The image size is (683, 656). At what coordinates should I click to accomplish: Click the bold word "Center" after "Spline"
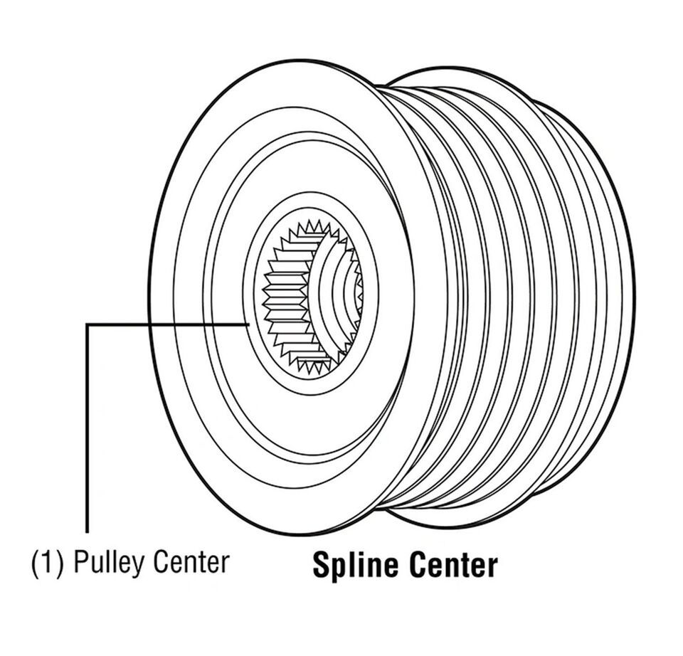tap(454, 566)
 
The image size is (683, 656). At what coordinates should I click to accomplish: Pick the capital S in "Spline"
tap(322, 566)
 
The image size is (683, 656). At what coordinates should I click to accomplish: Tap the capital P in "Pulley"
tap(81, 563)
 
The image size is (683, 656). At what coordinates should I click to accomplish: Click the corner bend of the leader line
tap(88, 324)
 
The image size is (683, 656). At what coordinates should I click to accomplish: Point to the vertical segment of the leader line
tap(88, 427)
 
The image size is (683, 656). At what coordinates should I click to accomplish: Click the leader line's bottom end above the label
tap(88, 531)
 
